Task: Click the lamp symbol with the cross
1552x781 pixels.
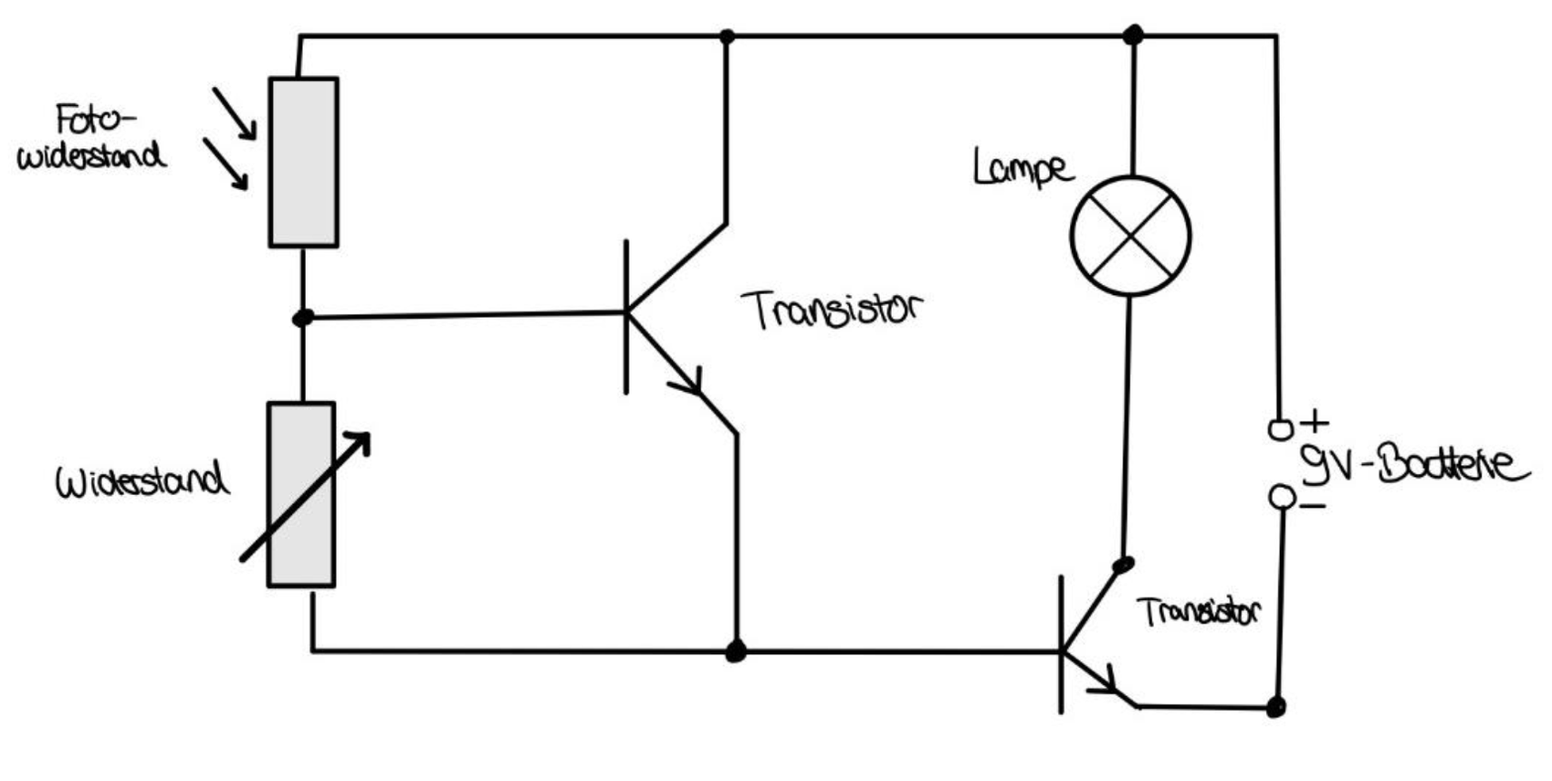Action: click(x=1130, y=236)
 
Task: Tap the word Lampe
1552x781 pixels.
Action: click(x=1022, y=168)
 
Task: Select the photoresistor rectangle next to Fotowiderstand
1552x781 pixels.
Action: click(x=303, y=162)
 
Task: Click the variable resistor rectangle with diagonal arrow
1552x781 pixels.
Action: click(x=301, y=494)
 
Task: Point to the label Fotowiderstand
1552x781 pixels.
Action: click(x=91, y=138)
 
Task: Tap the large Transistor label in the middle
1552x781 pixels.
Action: click(x=832, y=309)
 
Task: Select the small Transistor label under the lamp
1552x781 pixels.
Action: click(x=1199, y=611)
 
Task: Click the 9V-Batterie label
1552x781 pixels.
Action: click(x=1414, y=465)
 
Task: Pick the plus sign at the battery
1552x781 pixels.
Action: click(x=1314, y=422)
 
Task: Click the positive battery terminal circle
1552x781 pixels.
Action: click(x=1281, y=429)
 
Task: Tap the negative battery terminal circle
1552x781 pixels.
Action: click(x=1282, y=497)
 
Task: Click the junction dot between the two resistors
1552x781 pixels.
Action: click(x=303, y=318)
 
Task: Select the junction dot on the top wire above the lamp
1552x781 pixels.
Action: click(x=1133, y=36)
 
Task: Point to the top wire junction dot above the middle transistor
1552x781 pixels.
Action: click(x=727, y=37)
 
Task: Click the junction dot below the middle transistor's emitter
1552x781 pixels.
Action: click(x=735, y=651)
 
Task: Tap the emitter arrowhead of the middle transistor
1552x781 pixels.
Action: click(x=691, y=384)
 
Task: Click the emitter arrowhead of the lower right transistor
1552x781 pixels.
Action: click(x=1108, y=682)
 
